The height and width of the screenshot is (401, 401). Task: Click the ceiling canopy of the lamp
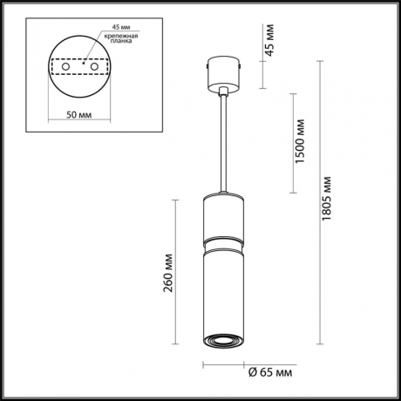pyautogui.click(x=223, y=73)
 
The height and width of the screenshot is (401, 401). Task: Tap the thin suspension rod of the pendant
pyautogui.click(x=223, y=139)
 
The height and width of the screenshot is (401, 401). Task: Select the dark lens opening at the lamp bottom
pyautogui.click(x=223, y=338)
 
